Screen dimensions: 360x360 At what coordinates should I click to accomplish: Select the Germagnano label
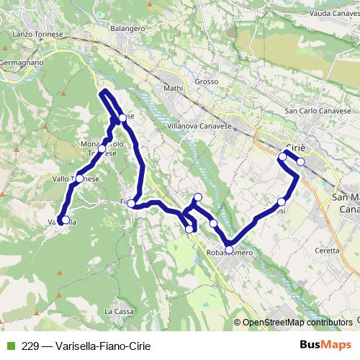[x=22, y=62]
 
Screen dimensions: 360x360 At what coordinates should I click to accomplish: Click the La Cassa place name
[x=118, y=311]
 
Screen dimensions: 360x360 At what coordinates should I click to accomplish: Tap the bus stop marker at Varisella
[x=65, y=220]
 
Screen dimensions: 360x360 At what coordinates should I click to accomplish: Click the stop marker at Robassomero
[x=229, y=251]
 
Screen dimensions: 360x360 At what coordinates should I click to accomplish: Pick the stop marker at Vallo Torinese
[x=79, y=179]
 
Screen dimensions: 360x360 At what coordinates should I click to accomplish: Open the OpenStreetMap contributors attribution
[x=297, y=323]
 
